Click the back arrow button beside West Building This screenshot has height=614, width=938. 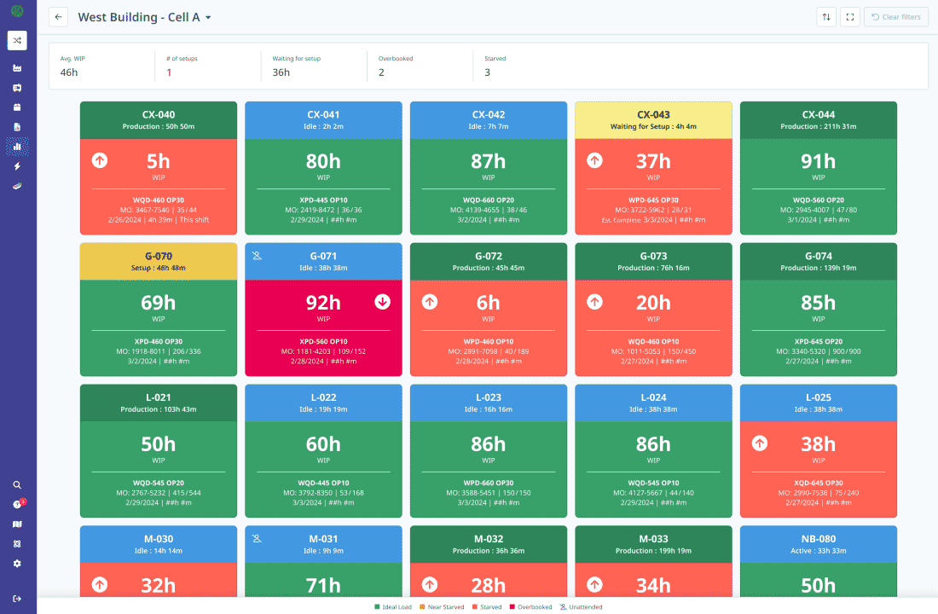tap(58, 17)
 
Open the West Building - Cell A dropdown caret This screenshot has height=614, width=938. tap(208, 18)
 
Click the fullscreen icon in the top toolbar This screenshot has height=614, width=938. tap(849, 17)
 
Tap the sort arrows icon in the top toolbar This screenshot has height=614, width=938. tap(825, 17)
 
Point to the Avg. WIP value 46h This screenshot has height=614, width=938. tap(69, 72)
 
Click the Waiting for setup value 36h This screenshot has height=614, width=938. tap(281, 72)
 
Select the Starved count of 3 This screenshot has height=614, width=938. tap(487, 72)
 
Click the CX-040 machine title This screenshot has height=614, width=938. tap(159, 114)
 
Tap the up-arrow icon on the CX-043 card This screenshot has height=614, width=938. tap(595, 160)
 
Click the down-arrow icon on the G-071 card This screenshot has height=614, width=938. tap(382, 301)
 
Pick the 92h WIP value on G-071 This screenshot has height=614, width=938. tap(323, 302)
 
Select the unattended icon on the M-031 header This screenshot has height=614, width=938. tap(257, 538)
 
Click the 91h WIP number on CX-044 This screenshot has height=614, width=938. tap(818, 161)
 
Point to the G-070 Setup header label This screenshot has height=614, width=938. tap(159, 267)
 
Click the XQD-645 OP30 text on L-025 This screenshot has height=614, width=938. tap(818, 483)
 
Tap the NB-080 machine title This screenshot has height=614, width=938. tap(818, 539)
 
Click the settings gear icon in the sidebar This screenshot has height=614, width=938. tap(17, 564)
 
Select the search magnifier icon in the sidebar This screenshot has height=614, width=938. tap(17, 484)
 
